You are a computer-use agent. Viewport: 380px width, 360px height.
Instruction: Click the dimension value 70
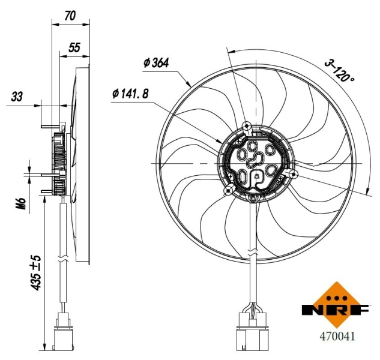[70, 16]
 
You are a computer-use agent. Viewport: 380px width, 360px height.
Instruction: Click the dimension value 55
[74, 47]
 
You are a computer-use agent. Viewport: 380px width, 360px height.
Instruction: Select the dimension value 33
[17, 97]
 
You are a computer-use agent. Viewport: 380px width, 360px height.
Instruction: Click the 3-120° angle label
[340, 70]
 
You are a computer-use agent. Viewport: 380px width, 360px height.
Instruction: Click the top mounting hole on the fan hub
[247, 125]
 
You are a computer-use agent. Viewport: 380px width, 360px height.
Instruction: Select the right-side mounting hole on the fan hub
[294, 173]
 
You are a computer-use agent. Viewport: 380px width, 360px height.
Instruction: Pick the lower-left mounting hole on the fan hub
[228, 190]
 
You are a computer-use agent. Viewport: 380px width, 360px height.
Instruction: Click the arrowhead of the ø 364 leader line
[189, 86]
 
